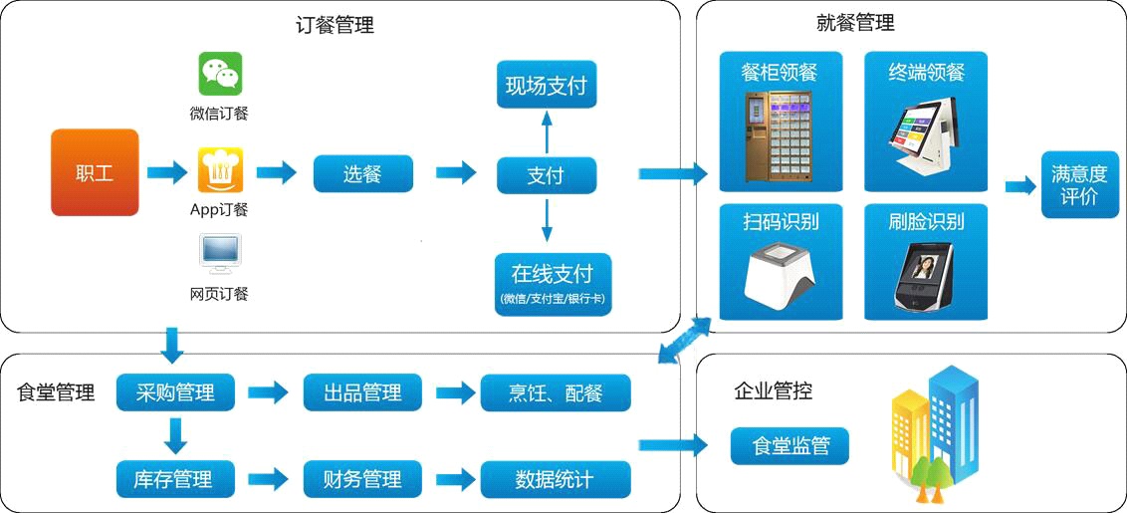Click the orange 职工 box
pos(95,172)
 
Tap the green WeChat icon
pos(221,74)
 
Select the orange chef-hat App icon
pos(221,170)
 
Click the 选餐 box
pos(363,173)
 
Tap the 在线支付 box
pos(554,284)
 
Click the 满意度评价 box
pos(1079,185)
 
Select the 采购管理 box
pos(175,392)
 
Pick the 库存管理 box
pos(175,479)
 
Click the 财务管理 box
pos(362,479)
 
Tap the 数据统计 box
pos(556,479)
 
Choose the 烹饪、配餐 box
pos(556,392)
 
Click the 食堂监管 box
pos(789,446)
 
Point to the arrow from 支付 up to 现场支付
pos(547,132)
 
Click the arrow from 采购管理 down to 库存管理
pos(175,436)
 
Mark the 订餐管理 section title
pos(335,27)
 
